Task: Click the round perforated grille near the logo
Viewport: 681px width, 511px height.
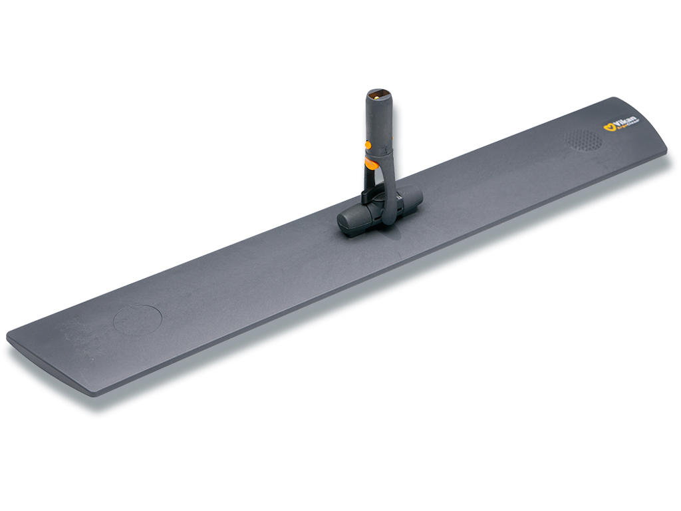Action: pos(583,139)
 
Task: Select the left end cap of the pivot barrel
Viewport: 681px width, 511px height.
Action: pos(346,224)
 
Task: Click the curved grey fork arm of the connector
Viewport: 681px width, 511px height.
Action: pos(387,193)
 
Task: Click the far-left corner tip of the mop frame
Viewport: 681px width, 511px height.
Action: pos(8,335)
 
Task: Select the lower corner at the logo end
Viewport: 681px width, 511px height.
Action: pos(666,155)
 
